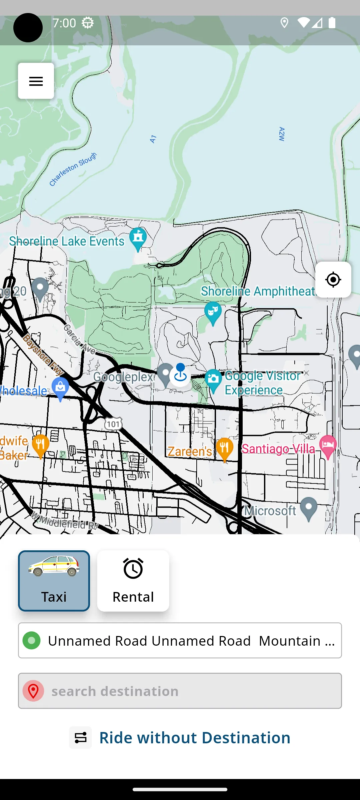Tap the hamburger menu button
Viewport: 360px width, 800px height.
[x=36, y=81]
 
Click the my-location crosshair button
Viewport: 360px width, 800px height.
[x=333, y=280]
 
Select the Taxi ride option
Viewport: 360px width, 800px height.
[x=54, y=581]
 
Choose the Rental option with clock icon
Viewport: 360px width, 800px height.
[x=133, y=581]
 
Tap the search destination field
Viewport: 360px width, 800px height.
[x=180, y=691]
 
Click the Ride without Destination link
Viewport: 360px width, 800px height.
[x=195, y=737]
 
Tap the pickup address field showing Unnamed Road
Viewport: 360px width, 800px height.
[x=180, y=640]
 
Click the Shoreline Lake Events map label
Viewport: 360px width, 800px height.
[x=67, y=241]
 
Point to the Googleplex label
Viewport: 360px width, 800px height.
[x=123, y=377]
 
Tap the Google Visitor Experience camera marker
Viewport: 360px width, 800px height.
[x=213, y=379]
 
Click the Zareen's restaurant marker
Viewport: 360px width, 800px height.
[x=225, y=448]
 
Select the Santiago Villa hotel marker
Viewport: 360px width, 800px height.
[x=328, y=445]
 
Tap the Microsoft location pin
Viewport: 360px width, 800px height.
[x=309, y=507]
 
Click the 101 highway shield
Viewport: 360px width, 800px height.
[x=113, y=424]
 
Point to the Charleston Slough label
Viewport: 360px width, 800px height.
[x=73, y=169]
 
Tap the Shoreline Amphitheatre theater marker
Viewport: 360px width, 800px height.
[x=213, y=312]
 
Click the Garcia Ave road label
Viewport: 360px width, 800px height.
[x=79, y=339]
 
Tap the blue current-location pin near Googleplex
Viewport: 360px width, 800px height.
[x=180, y=373]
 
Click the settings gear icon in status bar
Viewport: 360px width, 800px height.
[x=88, y=23]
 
